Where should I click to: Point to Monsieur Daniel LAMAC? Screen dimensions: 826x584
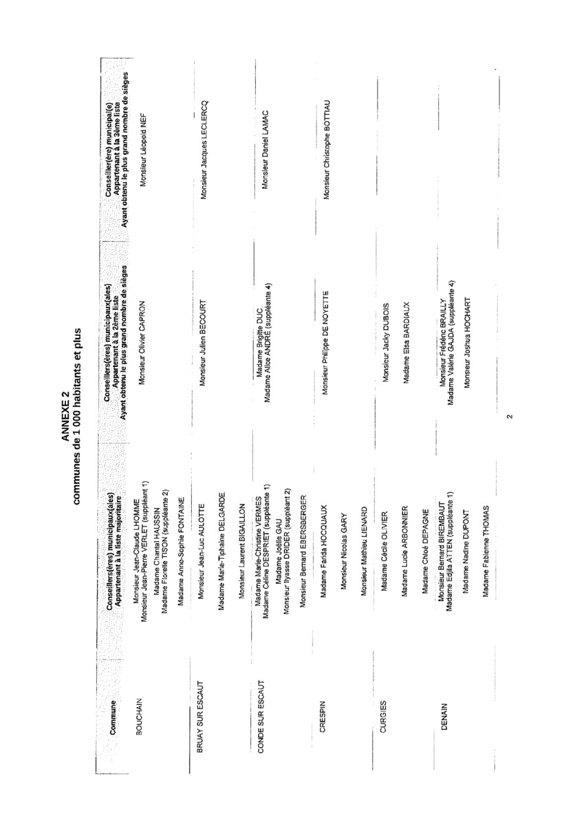click(264, 148)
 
